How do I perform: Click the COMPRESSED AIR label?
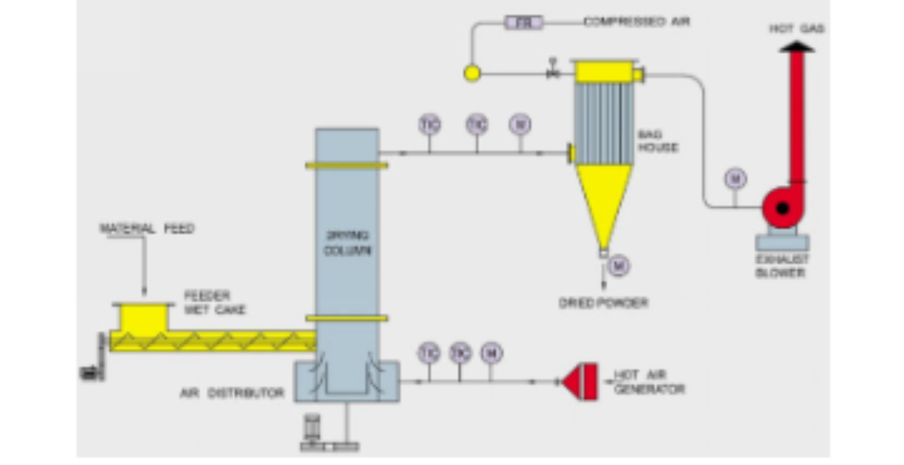point(636,22)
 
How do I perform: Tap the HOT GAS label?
point(796,29)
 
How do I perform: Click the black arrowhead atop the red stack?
point(796,47)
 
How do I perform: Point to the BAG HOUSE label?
point(658,141)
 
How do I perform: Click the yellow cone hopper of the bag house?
point(603,201)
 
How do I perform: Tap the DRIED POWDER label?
point(603,303)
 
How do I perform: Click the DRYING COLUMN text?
point(346,242)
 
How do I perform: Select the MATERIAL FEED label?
point(146,229)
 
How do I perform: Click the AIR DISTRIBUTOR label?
point(232,393)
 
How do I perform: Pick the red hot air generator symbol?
point(581,382)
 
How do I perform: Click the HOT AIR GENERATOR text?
point(648,382)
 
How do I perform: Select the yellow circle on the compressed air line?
point(472,73)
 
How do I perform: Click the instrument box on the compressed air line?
point(523,23)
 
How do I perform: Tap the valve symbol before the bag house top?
point(553,72)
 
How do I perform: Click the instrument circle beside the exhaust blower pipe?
point(734,179)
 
